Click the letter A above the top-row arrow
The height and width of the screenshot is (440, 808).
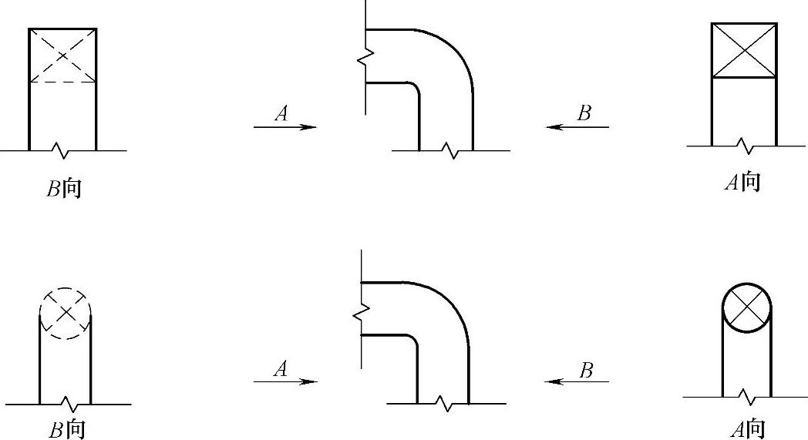pos(281,114)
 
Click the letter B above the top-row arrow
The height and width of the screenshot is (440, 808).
pos(584,114)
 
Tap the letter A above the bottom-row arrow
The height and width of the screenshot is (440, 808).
pos(281,369)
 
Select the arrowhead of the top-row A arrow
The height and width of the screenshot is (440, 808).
pos(310,127)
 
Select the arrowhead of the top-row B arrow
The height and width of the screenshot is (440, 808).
pos(552,127)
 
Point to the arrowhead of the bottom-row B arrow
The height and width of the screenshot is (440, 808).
pos(550,381)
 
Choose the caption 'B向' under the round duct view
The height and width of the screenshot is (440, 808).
pos(66,429)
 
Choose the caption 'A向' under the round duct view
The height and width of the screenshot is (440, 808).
pos(747,428)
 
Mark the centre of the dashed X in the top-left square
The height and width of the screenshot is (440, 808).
pos(63,55)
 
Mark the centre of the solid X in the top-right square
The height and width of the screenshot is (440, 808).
pos(744,50)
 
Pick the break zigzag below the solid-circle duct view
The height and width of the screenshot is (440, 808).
pos(746,398)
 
